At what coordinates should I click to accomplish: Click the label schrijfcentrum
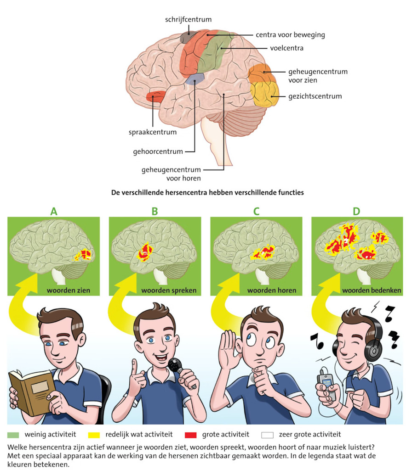click(x=189, y=20)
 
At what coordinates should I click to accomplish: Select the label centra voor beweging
click(x=290, y=34)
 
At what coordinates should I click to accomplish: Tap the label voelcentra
click(x=286, y=47)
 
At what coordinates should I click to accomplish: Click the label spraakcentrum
click(x=152, y=133)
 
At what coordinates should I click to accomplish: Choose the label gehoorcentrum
click(x=162, y=151)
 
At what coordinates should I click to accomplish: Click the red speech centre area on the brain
click(x=156, y=96)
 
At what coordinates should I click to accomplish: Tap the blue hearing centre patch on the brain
click(x=195, y=79)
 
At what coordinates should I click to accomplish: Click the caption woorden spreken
click(x=169, y=291)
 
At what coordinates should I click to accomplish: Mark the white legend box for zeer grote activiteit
click(x=267, y=434)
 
